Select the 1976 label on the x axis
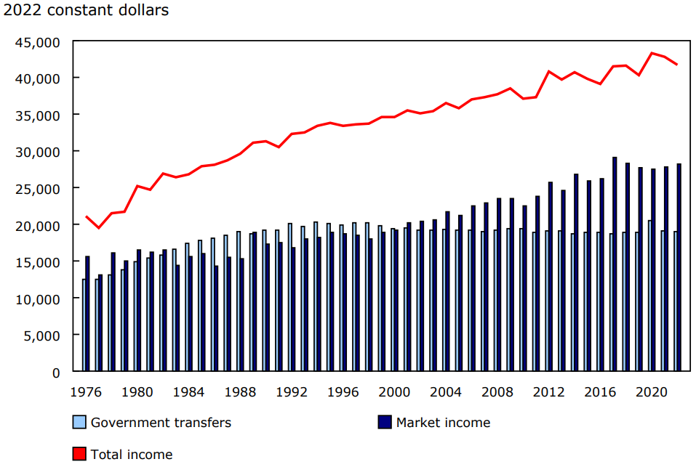tap(86, 391)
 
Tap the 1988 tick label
tap(239, 391)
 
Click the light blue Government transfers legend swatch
tap(79, 422)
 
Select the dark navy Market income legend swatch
tap(385, 422)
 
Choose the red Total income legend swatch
tap(79, 455)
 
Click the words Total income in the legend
tap(132, 455)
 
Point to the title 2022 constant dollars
tap(86, 11)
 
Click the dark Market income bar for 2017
tap(615, 264)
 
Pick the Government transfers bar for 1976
tap(84, 325)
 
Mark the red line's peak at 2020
tap(652, 53)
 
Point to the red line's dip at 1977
tap(99, 228)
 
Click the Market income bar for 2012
tap(551, 277)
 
